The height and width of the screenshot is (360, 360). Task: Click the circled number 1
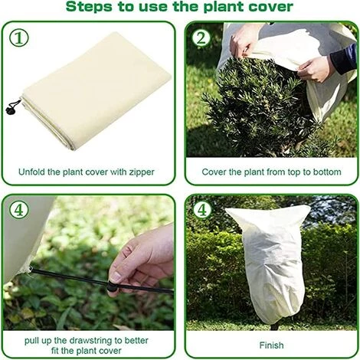point(19,38)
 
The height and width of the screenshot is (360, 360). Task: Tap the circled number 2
point(201,38)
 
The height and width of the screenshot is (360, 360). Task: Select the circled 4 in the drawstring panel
point(19,210)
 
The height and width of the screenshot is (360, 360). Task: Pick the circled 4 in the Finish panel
point(202,210)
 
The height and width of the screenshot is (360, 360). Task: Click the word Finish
point(271,345)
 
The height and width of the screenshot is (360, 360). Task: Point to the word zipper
point(142,172)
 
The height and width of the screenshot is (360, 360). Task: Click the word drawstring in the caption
point(91,340)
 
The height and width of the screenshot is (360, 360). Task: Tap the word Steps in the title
point(89,7)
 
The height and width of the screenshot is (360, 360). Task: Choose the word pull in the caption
point(31,341)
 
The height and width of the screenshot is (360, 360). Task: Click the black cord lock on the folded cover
point(11,109)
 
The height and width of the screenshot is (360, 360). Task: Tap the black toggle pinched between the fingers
point(112,286)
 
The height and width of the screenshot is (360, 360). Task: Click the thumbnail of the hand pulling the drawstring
point(89,263)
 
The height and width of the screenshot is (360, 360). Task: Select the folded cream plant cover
point(97,92)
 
